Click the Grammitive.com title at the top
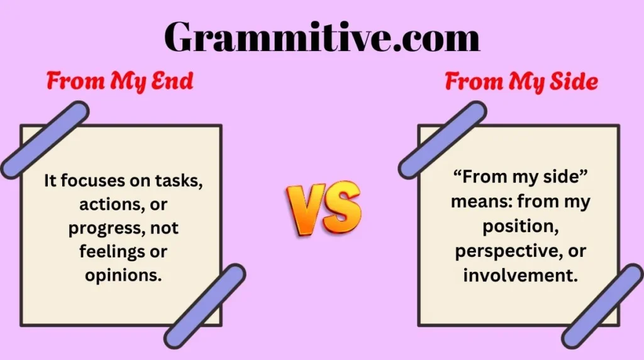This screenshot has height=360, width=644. point(322,37)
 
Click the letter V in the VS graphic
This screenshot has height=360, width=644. point(304,210)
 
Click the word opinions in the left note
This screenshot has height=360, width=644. point(123,276)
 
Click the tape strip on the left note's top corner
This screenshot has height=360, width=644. point(45,140)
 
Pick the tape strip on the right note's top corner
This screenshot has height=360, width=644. point(442,140)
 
